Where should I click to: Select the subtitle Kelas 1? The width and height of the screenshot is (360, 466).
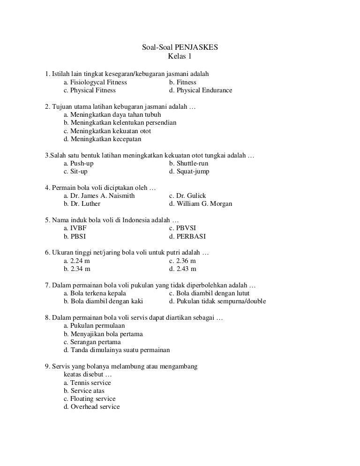coord(180,57)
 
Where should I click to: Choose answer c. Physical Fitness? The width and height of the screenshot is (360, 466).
coord(90,90)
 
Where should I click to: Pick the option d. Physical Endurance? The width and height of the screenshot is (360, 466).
coord(201,90)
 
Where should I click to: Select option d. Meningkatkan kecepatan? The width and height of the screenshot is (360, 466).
coord(102,139)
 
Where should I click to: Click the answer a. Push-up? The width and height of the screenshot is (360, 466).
coord(78,163)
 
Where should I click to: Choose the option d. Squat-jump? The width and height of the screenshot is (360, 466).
coord(189,172)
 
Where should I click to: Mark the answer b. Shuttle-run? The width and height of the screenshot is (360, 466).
coord(189,163)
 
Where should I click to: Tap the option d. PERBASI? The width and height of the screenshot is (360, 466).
coord(187,237)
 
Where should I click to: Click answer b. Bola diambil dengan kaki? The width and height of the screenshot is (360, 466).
coord(103,301)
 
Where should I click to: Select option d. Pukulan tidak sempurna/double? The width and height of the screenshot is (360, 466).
coord(217,301)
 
